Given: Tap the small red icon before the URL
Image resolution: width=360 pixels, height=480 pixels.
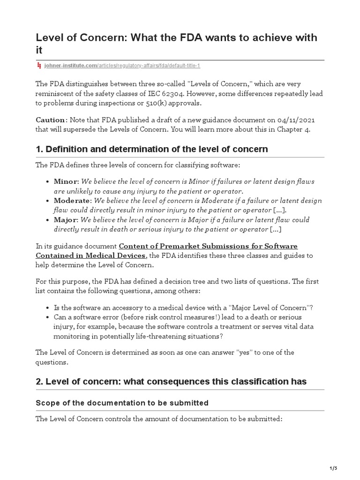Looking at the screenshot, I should (x=39, y=66).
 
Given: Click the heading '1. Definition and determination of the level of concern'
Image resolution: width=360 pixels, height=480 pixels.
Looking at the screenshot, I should (x=152, y=150).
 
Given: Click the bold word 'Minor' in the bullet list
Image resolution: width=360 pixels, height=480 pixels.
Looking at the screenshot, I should (x=66, y=181).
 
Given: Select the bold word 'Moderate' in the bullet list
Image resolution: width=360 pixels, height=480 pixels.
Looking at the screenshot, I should (x=72, y=201).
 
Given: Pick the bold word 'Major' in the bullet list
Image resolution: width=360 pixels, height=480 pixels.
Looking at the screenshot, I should (x=66, y=220).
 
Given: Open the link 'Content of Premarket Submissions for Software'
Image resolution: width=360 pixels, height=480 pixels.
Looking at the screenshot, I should (x=208, y=246).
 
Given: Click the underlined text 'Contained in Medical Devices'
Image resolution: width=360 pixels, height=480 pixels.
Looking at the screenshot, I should (x=91, y=255).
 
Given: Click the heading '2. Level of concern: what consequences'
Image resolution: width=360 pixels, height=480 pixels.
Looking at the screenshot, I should (x=171, y=382).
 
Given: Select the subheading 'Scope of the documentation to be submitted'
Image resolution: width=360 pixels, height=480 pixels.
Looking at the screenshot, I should (x=122, y=403).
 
